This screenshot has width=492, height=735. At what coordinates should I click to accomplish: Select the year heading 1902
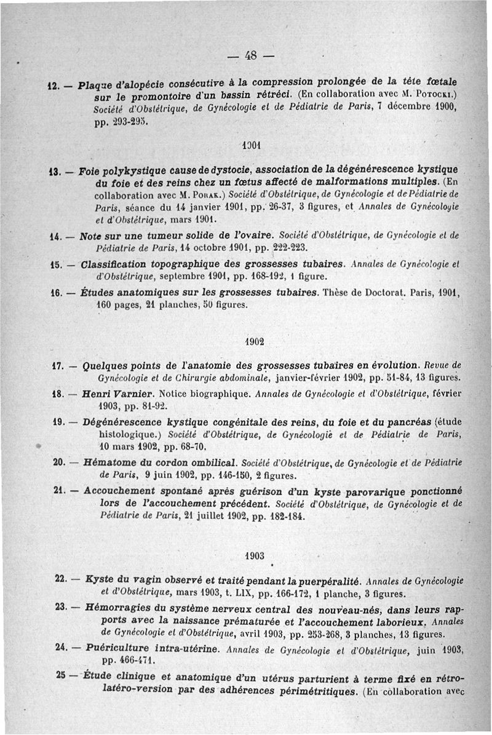point(254,341)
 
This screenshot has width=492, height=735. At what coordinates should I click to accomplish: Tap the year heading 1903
point(254,555)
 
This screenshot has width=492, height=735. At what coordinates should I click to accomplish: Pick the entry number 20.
point(60,463)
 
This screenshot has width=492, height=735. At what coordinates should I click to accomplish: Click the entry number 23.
point(60,607)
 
